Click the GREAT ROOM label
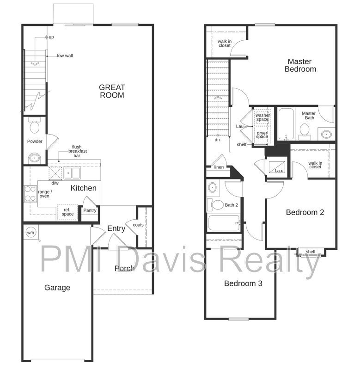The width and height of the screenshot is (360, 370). tap(112, 91)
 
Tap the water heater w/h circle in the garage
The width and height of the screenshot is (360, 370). tap(31, 233)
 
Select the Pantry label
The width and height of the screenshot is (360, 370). tap(90, 210)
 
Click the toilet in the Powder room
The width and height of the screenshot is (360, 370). tap(35, 125)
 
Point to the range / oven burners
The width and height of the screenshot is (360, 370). tap(31, 194)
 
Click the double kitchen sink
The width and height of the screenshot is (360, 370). tap(72, 173)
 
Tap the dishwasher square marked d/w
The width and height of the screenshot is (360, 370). tap(55, 173)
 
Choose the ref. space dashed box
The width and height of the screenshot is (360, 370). tap(67, 212)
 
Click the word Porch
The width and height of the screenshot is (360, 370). tap(124, 268)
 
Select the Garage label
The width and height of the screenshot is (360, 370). tap(57, 288)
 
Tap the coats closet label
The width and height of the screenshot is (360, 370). tap(138, 225)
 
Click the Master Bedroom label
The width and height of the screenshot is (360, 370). tap(300, 65)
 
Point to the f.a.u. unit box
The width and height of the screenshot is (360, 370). tap(277, 167)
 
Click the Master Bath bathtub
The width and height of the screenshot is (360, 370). tap(286, 124)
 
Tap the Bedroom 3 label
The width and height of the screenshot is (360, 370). tap(243, 283)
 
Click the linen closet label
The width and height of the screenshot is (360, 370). tap(219, 167)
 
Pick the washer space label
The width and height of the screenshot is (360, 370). tap(262, 117)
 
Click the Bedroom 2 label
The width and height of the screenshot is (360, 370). tap(305, 212)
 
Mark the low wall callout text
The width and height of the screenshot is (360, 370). tap(65, 55)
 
